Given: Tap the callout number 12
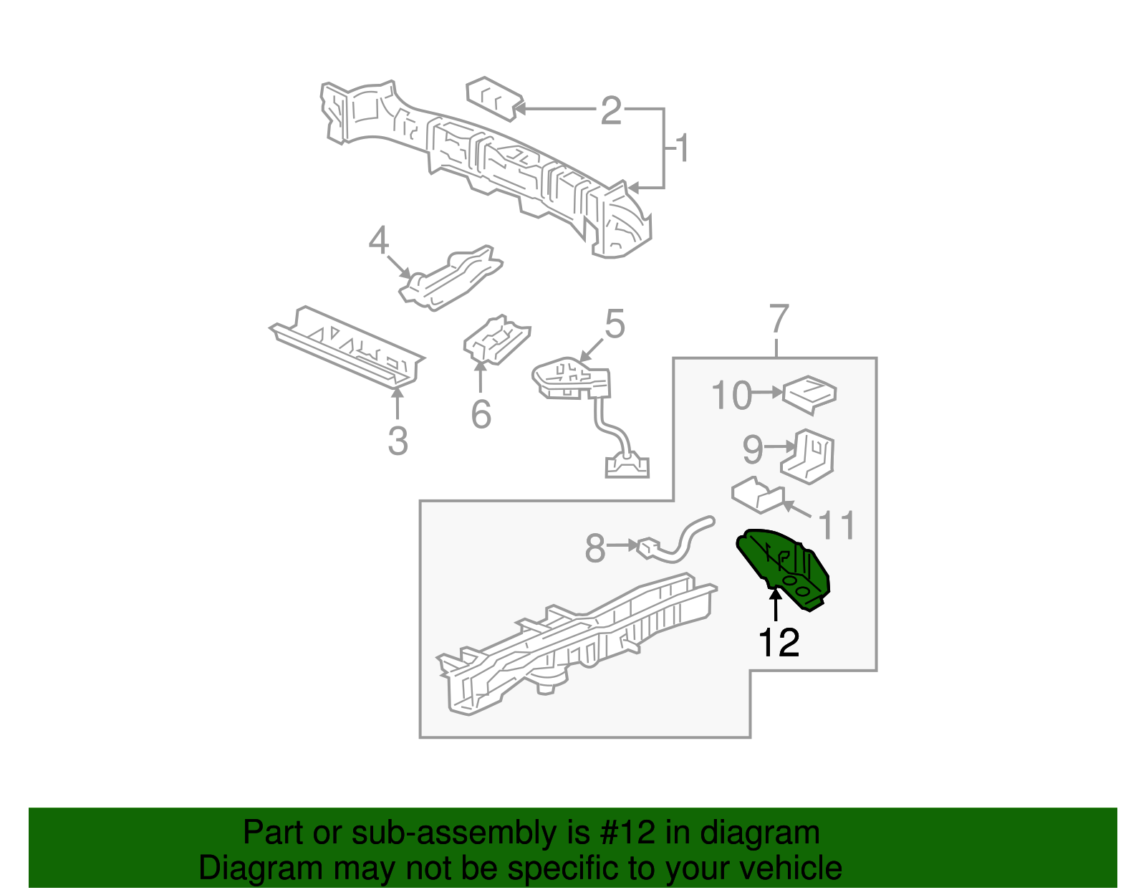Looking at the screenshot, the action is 779,642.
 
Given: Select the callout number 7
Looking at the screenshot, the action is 779,319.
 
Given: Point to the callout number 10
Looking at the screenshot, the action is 731,395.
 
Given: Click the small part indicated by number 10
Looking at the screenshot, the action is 809,395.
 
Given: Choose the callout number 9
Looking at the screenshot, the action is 753,449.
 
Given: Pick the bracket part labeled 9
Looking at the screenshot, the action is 807,456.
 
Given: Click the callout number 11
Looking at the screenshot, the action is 836,525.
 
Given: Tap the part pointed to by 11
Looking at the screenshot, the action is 758,494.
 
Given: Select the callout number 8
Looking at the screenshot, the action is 595,547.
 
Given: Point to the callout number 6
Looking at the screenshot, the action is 481,414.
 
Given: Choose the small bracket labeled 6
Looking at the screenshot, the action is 497,340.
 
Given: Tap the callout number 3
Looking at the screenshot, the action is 398,441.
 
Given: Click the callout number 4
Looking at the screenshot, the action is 379,241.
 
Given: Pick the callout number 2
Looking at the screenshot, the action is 611,110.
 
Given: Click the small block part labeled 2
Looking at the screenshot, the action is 494,99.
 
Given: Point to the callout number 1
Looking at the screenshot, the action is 682,148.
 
